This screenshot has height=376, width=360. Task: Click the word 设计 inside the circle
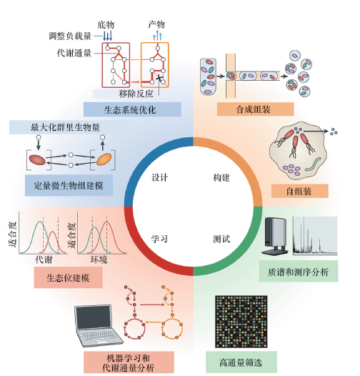pos(159,178)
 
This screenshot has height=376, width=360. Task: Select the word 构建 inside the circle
pos(221,178)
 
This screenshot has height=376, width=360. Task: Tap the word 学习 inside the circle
pos(159,239)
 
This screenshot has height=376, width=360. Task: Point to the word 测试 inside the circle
pos(221,239)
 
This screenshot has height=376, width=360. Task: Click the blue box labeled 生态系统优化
pos(132,109)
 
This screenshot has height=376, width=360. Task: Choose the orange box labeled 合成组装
pos(255,109)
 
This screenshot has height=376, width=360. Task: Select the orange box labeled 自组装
pos(299,191)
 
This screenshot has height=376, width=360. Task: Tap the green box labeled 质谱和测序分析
pos(299,271)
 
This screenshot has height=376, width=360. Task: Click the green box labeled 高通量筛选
pos(241,362)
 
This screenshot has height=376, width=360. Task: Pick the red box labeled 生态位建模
pos(69,277)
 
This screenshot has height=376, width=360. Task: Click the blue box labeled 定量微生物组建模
pos(69,185)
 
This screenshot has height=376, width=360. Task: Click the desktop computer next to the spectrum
pos(276,236)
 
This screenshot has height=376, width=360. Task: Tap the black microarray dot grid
pos(241,322)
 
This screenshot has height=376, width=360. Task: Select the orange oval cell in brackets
pos(104,159)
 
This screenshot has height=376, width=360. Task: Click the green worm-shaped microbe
pos(313,164)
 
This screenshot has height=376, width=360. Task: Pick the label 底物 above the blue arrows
pos(106,25)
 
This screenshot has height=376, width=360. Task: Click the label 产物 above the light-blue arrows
pos(156,24)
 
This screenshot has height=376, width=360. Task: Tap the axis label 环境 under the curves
pos(99,259)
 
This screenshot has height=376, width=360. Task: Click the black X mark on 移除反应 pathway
pos(159,78)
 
